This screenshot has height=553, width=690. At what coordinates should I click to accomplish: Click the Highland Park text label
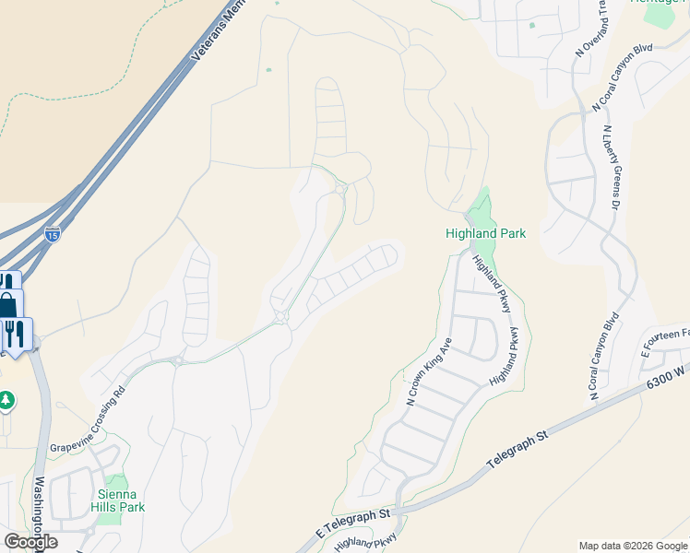(x=485, y=234)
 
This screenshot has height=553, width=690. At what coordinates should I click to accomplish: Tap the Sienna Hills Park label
(x=122, y=500)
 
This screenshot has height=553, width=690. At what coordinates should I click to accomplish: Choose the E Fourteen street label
(x=665, y=343)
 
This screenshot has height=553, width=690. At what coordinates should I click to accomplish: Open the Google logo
(x=30, y=542)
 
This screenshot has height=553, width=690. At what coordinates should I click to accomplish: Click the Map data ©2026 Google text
(x=632, y=546)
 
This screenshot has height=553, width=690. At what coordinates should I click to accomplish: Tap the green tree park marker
(x=6, y=401)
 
